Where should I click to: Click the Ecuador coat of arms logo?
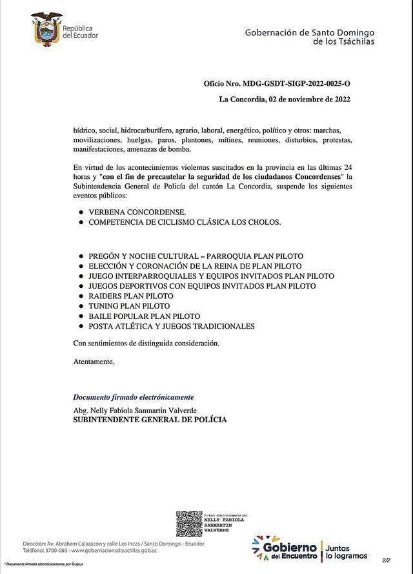pos(46,29)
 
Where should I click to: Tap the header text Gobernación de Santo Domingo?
pos(309,32)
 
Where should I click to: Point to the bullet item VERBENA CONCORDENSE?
pos(137,212)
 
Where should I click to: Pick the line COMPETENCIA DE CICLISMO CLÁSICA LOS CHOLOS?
pos(185,221)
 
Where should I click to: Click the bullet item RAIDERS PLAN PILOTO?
pos(131,296)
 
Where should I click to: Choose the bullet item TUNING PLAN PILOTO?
pos(129,306)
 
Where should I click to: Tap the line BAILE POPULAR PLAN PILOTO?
pos(144,316)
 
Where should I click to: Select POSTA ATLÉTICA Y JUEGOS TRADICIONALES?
pos(172,326)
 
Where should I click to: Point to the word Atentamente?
pos(94,362)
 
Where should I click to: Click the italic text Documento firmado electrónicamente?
pos(133,397)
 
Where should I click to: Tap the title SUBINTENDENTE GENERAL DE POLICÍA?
pos(150,420)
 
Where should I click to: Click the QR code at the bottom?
pos(189,524)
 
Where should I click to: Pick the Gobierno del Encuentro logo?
pos(285,548)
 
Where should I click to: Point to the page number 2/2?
pos(386,560)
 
